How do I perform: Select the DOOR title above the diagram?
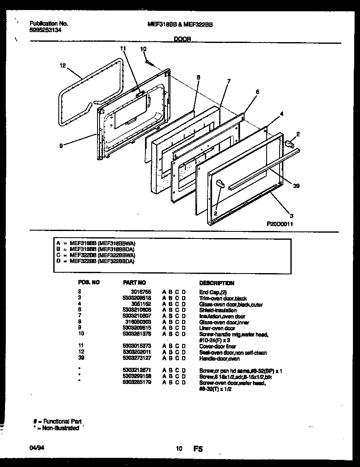[182, 39]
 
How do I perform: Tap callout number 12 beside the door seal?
[62, 65]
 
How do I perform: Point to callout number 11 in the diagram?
[122, 49]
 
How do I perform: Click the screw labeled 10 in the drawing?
[149, 63]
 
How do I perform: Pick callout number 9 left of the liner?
[61, 146]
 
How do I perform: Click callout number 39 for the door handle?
[296, 186]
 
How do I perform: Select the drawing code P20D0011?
[280, 223]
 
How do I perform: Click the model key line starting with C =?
[96, 255]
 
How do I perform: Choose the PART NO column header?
[134, 283]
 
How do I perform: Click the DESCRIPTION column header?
[217, 283]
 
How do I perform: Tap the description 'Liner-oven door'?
[217, 329]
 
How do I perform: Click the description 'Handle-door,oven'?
[220, 358]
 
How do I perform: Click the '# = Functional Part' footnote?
[57, 422]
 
